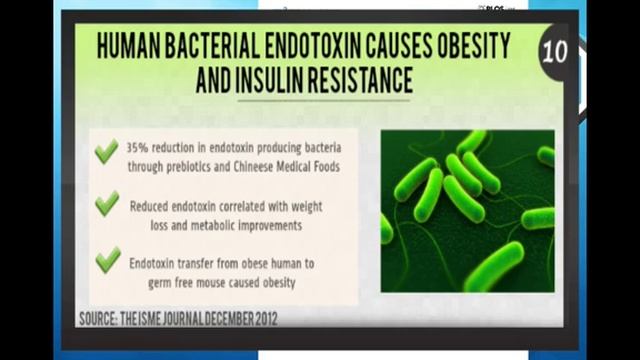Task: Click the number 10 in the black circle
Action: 554,51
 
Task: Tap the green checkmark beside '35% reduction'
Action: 106,153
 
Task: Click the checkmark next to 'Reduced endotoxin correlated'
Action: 106,205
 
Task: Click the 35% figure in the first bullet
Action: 140,145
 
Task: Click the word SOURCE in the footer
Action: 104,318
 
